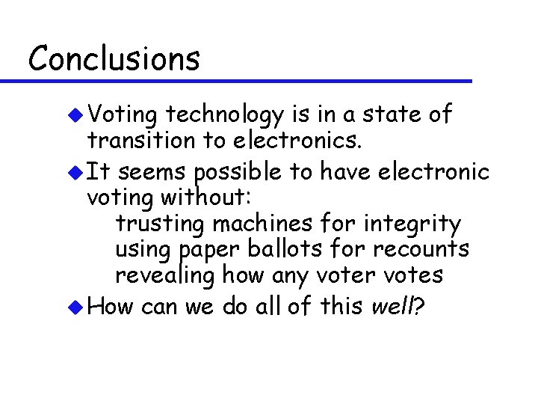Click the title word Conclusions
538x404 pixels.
(x=114, y=58)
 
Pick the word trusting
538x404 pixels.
(x=161, y=224)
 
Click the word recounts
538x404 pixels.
(x=422, y=249)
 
